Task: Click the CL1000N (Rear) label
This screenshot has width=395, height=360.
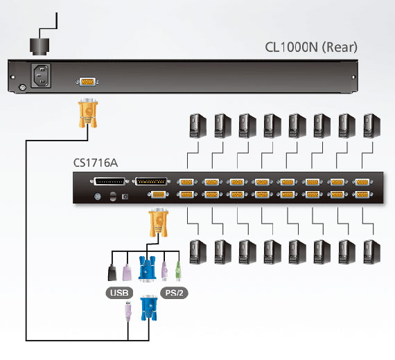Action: point(311,47)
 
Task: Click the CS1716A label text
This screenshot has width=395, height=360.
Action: point(96,163)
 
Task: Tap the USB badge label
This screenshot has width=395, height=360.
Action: point(119,293)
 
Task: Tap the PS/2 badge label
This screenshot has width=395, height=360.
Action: point(174,293)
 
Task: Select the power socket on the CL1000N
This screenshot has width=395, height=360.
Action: point(41,75)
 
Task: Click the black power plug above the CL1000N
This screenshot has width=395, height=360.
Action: point(39,46)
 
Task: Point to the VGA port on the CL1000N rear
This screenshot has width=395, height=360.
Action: point(87,82)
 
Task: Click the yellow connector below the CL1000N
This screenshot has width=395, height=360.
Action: point(88,114)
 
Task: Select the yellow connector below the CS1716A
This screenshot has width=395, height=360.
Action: point(159,222)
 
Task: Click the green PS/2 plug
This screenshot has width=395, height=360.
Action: point(178,271)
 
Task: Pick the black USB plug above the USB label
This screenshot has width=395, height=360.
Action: point(112,272)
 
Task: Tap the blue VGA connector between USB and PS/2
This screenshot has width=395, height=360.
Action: point(147,269)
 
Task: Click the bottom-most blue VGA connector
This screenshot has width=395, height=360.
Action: point(148,308)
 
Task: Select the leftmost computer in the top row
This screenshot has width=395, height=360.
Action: point(197,125)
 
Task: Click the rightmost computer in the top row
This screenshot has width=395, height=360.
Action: point(372,125)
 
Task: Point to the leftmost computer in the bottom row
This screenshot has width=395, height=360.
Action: point(197,252)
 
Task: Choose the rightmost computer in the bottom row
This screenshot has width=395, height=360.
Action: point(372,252)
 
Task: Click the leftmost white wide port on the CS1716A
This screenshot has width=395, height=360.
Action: point(109,181)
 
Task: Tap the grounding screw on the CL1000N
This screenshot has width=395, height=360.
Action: point(23,88)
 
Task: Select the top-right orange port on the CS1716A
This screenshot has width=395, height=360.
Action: point(362,182)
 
